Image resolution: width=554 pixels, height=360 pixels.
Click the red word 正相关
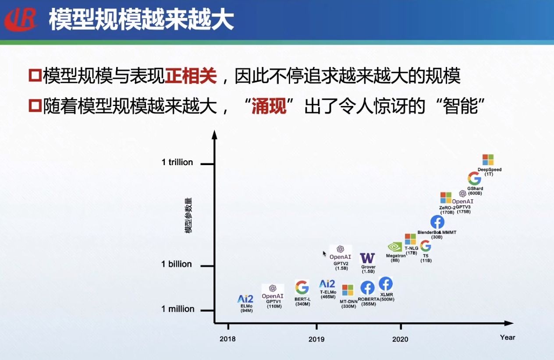click(191, 76)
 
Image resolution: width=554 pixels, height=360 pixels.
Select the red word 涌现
click(269, 106)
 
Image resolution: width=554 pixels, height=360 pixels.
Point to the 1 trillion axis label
click(177, 162)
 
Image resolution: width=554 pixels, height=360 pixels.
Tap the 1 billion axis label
click(176, 264)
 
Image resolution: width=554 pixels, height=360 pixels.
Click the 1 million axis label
click(178, 309)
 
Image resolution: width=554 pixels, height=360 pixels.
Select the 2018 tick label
click(227, 339)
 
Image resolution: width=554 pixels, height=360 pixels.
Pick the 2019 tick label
click(316, 339)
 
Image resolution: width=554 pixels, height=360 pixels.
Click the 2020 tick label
click(400, 339)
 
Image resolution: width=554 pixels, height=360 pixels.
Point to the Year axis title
click(508, 338)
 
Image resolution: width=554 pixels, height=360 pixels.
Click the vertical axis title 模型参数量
click(188, 215)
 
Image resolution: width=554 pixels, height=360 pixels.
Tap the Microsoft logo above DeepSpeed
click(488, 159)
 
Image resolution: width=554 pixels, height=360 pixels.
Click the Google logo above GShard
click(474, 178)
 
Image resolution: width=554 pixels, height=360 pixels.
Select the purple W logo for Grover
click(367, 258)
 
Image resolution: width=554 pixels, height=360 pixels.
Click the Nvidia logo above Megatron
click(395, 247)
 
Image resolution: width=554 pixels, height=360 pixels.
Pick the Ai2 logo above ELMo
click(245, 299)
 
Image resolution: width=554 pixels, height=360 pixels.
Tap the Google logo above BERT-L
click(302, 287)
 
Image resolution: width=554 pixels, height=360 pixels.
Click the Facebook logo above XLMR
click(386, 284)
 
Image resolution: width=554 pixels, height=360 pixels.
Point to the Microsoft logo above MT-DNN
click(348, 290)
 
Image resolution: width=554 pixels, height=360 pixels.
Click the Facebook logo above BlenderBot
click(437, 222)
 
